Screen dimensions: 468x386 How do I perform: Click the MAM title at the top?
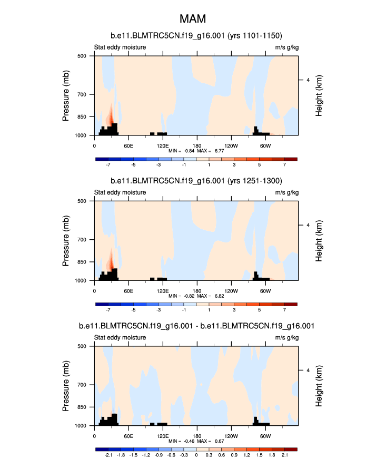point(192,19)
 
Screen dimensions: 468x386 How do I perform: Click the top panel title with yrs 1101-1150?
point(196,36)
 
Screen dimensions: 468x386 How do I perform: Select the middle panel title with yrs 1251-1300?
point(196,181)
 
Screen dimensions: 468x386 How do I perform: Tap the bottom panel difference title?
point(196,326)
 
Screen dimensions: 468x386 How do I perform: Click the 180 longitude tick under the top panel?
point(196,145)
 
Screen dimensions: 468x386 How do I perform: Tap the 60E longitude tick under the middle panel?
point(128,290)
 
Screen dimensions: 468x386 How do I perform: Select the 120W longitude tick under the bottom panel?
point(231,436)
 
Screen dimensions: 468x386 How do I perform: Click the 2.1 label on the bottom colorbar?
point(285,455)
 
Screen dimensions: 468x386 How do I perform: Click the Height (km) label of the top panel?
point(319,95)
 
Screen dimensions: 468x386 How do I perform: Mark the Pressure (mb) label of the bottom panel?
point(66,386)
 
